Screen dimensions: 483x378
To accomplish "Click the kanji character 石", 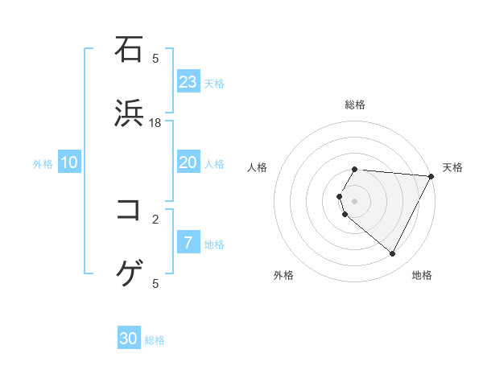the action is pos(130,49).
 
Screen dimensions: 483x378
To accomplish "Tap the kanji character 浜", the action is pos(130,113).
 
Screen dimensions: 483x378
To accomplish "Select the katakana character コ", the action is pos(130,210).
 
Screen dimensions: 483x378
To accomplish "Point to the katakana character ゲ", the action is pos(130,274).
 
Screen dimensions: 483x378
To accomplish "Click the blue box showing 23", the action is pos(188,82).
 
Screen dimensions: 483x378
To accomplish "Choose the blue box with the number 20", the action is pos(188,162).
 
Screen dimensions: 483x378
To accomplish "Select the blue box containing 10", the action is pos(70,162).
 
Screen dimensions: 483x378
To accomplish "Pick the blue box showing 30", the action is pos(129,339).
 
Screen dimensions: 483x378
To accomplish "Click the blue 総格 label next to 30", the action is pos(155,340).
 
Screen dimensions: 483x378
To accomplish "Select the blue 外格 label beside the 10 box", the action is pos(43,164).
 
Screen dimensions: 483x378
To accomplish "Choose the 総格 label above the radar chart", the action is pos(355,105).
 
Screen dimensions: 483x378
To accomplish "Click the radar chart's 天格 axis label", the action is pos(453,167).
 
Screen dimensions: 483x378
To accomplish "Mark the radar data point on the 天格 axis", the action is pos(431,175).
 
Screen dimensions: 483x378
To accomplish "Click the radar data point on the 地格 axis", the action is pos(393,254).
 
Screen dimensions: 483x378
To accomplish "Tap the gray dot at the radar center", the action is pos(355,200).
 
